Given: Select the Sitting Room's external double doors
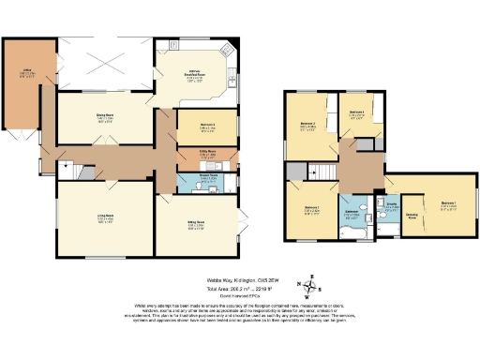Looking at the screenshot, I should point(246,226).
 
